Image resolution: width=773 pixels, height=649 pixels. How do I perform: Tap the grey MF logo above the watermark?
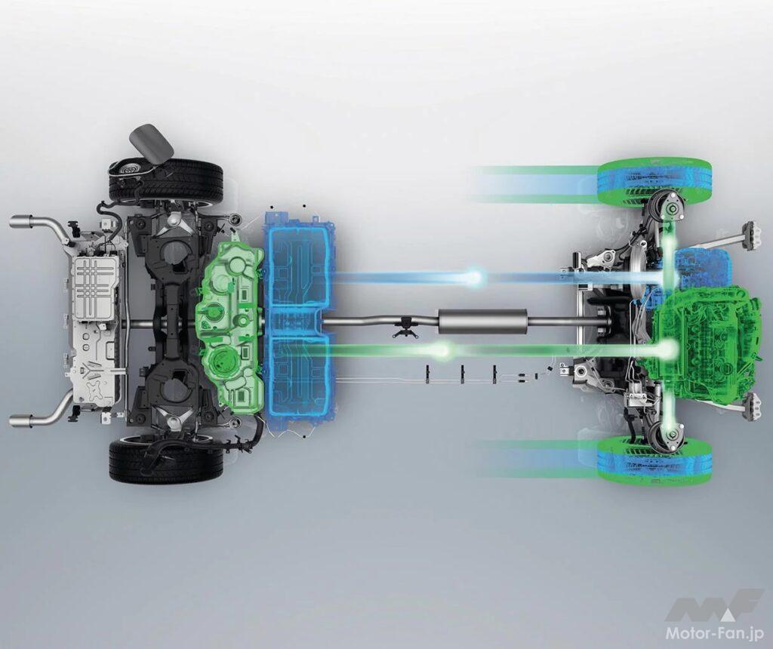[714, 606]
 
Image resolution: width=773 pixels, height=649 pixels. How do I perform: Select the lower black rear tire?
[165, 462]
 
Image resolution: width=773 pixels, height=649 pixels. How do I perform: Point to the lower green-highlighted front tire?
[654, 460]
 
